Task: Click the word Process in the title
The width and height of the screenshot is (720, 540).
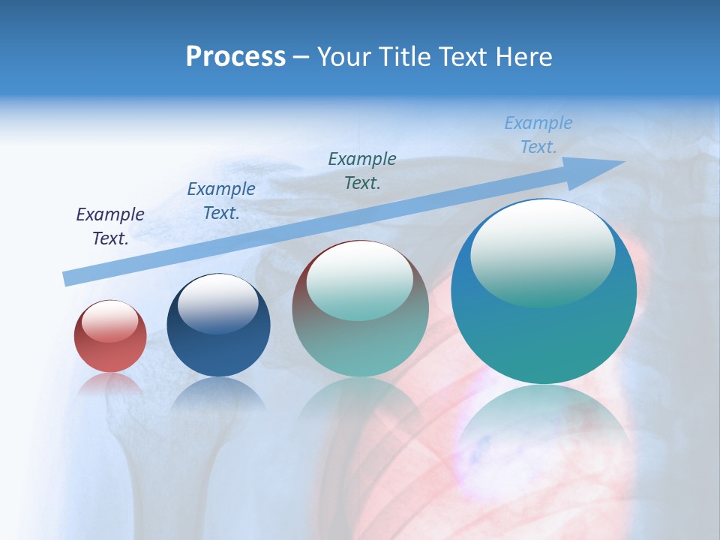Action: click(x=235, y=56)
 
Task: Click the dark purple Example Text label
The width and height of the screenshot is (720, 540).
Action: click(x=110, y=226)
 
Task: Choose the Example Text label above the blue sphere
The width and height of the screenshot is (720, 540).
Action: click(x=220, y=200)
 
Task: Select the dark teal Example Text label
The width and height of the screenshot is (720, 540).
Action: click(x=362, y=170)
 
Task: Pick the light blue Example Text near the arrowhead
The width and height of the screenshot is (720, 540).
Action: click(x=538, y=135)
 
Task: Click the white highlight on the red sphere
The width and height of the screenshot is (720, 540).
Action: click(x=110, y=321)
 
